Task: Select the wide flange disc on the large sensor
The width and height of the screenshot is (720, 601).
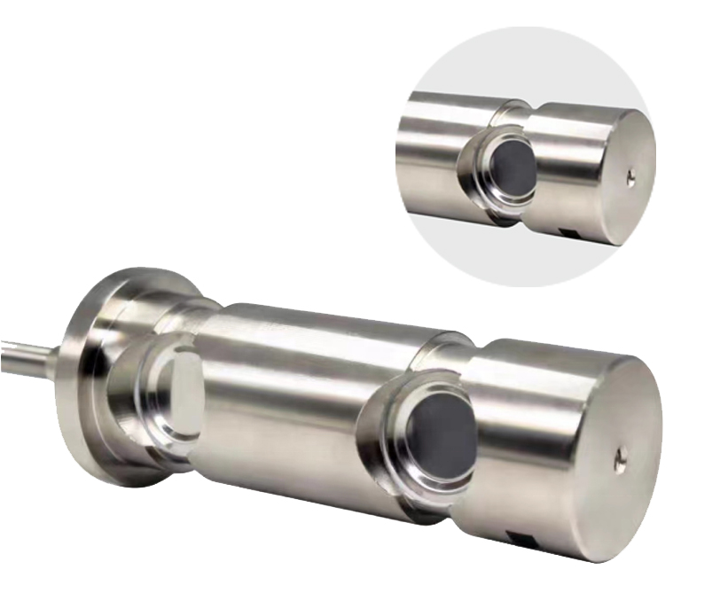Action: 84,381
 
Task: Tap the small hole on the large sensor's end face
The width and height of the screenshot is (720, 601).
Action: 622,457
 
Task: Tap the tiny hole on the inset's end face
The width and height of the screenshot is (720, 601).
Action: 630,178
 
